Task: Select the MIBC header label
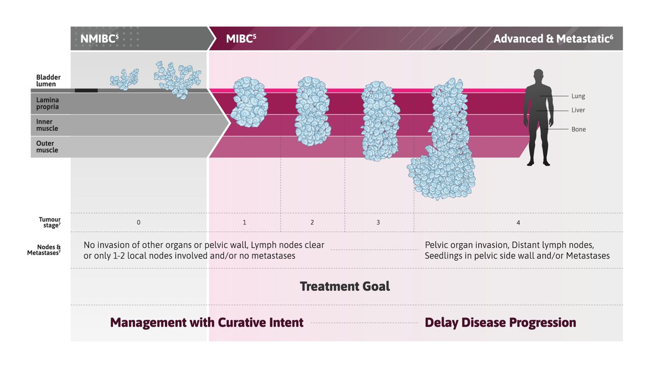(x=241, y=39)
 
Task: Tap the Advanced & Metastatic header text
(x=553, y=39)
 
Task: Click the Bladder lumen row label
(x=46, y=81)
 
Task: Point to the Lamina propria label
(x=48, y=103)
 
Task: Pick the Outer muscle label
(x=47, y=147)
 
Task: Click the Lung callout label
(x=578, y=96)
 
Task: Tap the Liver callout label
(x=578, y=110)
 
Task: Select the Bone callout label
(x=578, y=129)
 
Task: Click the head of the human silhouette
(x=539, y=75)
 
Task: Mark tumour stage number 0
(x=138, y=222)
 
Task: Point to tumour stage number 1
(x=244, y=222)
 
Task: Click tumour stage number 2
(x=312, y=222)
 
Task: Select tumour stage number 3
(x=378, y=222)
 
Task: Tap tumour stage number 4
(x=518, y=222)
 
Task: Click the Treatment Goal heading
(x=345, y=286)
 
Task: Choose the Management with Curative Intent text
(x=207, y=323)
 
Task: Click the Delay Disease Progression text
(x=500, y=323)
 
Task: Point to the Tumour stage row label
(x=50, y=222)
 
